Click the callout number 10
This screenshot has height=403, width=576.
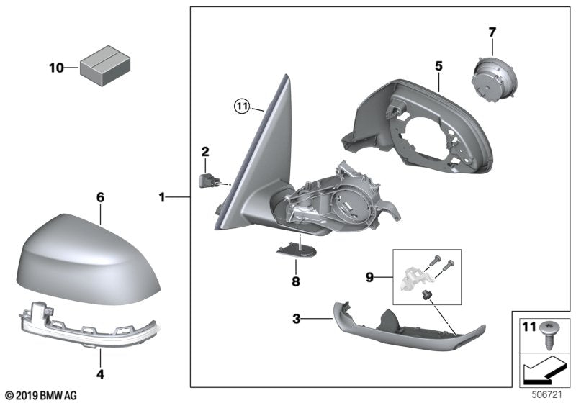tap(56, 68)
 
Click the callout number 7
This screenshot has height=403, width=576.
tap(492, 32)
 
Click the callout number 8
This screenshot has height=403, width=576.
tap(295, 283)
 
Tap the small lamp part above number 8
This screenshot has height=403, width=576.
tap(296, 248)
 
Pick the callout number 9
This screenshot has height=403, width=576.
tap(369, 276)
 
